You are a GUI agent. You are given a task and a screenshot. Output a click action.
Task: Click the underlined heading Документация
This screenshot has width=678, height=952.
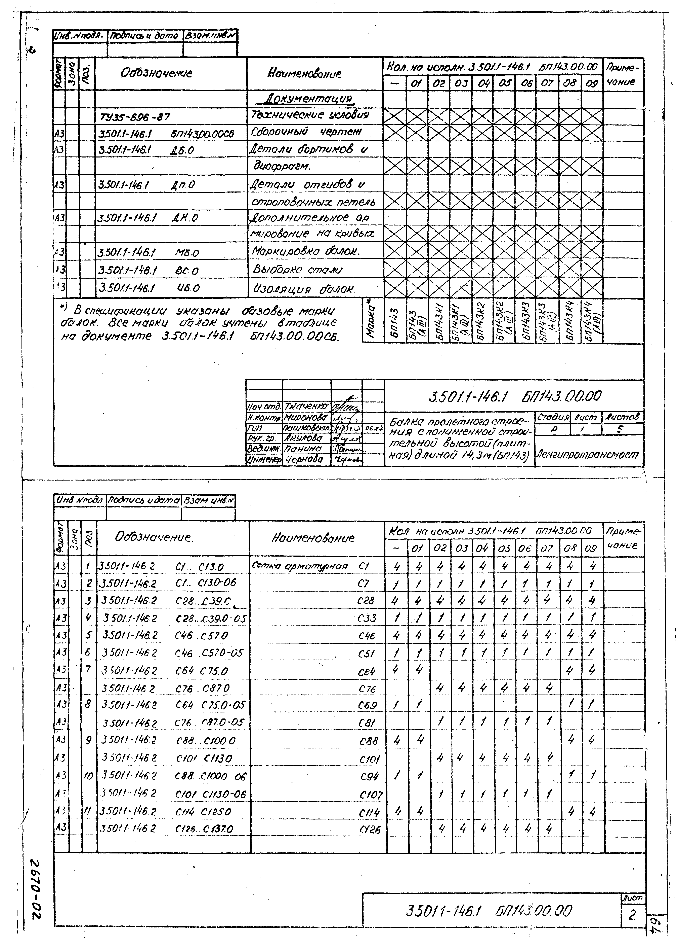309,99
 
